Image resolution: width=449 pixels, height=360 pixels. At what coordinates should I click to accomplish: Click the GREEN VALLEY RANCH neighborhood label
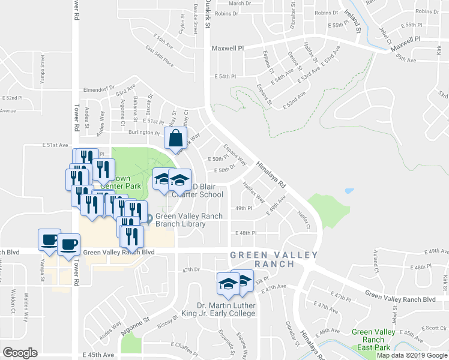point(274,260)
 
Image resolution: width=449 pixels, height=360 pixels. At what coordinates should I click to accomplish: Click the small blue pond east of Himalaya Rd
point(349,192)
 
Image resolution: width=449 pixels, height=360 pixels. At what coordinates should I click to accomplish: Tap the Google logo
point(20,353)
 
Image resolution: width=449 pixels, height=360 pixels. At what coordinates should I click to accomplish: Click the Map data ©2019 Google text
point(412,355)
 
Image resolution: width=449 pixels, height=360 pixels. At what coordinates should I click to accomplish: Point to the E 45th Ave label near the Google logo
point(98,355)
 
